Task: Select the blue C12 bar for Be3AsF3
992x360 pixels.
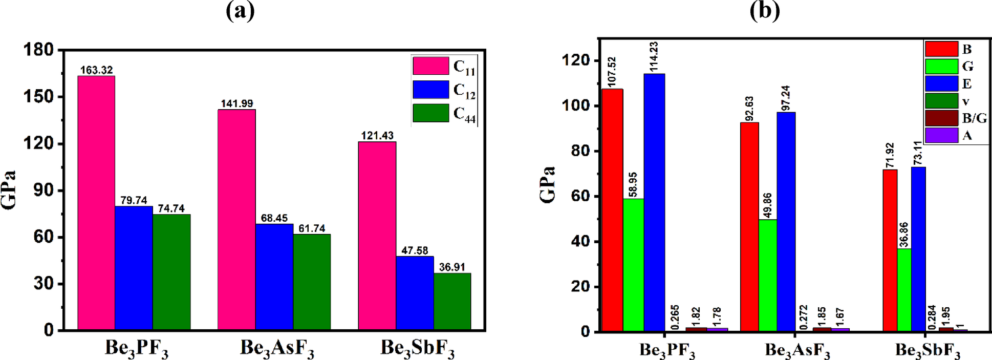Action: coord(274,277)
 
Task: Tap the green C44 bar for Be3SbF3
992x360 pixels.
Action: coord(452,302)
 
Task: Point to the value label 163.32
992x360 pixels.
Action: coord(96,70)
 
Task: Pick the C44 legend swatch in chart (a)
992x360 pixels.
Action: coord(430,113)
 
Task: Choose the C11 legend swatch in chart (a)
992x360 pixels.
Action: coord(430,66)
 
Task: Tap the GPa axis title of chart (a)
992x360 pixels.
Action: coord(9,189)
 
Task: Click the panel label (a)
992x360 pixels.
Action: coord(240,11)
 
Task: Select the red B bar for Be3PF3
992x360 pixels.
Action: coord(613,210)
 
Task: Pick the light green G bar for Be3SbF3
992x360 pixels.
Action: coord(904,290)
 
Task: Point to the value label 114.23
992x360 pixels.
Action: coord(654,57)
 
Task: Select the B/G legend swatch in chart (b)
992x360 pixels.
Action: coord(941,118)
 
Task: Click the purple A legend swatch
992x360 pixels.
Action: coord(941,135)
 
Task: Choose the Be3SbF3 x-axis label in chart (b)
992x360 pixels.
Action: coord(928,351)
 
